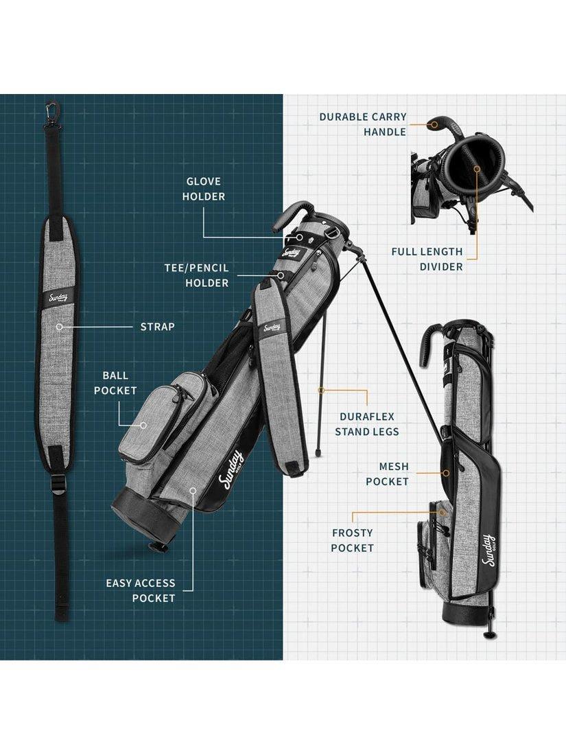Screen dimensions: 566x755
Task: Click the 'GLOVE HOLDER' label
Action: [x=204, y=189]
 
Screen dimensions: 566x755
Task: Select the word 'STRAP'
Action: [x=157, y=327]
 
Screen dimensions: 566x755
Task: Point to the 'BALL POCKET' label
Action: [x=115, y=383]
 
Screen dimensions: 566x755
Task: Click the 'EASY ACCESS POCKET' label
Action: [x=141, y=590]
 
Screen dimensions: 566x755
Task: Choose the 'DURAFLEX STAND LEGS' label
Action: [x=367, y=424]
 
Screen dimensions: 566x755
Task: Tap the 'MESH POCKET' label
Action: [x=387, y=474]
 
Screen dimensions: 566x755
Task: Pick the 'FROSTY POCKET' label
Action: [x=353, y=540]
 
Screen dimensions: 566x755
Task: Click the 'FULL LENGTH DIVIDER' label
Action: [x=427, y=259]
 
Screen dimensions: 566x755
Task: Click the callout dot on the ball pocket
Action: [x=143, y=425]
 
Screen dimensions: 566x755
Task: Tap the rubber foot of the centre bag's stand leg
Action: [x=318, y=454]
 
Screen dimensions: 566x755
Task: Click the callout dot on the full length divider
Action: [x=477, y=169]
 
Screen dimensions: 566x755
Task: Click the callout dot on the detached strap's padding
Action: [x=59, y=327]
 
